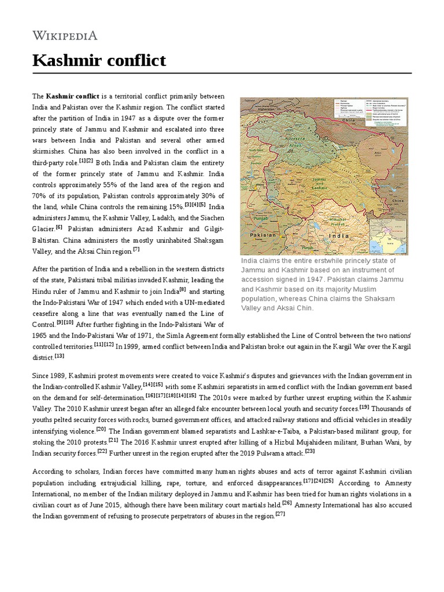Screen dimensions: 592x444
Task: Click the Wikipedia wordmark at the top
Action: point(65,36)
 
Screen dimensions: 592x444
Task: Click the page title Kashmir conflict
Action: point(99,60)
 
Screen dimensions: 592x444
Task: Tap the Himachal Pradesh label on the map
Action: point(336,223)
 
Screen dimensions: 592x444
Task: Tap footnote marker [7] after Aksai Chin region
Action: point(136,249)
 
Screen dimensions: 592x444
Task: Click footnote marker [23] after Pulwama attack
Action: point(310,451)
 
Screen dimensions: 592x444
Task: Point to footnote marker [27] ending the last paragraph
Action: point(280,514)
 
